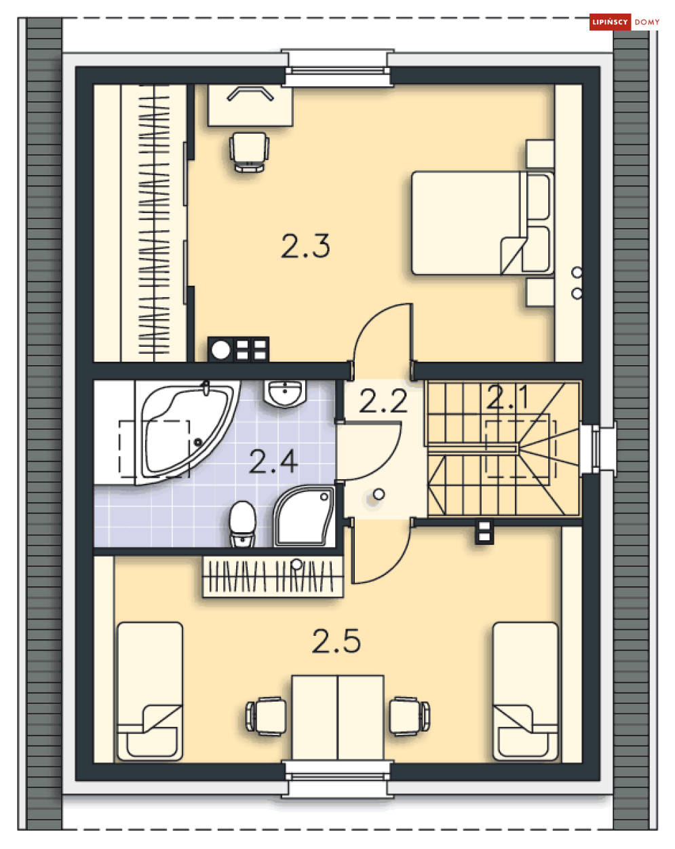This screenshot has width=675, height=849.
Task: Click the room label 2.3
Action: coord(305,246)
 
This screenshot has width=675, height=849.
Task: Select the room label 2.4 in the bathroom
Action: coord(273,461)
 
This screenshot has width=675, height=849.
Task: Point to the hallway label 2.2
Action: coord(383,401)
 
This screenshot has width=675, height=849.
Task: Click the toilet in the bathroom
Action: coord(242,524)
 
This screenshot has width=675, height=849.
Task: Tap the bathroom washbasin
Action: coord(284,394)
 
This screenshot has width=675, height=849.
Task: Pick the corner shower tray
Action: coord(304,516)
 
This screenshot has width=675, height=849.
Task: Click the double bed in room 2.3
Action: coord(482,223)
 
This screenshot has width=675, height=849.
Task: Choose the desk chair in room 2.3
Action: coord(249,152)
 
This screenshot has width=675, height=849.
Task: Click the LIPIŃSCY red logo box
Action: coord(610,22)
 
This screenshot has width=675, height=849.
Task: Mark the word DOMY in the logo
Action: coord(647,22)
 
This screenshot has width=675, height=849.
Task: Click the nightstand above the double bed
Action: coord(540,154)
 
